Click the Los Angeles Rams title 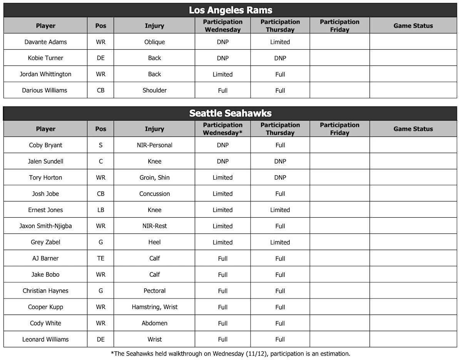(x=230, y=10)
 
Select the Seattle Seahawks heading (x=230, y=113)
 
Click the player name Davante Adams (x=45, y=42)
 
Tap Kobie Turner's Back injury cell (x=154, y=58)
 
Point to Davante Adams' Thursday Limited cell (x=280, y=42)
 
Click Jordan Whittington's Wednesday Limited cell (x=223, y=74)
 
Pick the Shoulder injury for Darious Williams (x=154, y=90)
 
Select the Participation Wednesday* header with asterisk (x=223, y=129)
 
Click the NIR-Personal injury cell (x=154, y=145)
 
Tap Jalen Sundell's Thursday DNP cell (x=280, y=162)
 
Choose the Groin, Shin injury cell (x=154, y=178)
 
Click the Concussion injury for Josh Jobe (x=154, y=194)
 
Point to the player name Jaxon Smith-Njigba (x=45, y=226)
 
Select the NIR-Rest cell (x=154, y=226)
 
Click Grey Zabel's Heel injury (x=154, y=242)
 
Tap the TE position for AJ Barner (x=100, y=258)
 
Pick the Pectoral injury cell (x=154, y=291)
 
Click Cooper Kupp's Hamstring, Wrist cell (x=154, y=307)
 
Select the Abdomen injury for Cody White (x=154, y=323)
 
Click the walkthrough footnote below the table (x=230, y=353)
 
